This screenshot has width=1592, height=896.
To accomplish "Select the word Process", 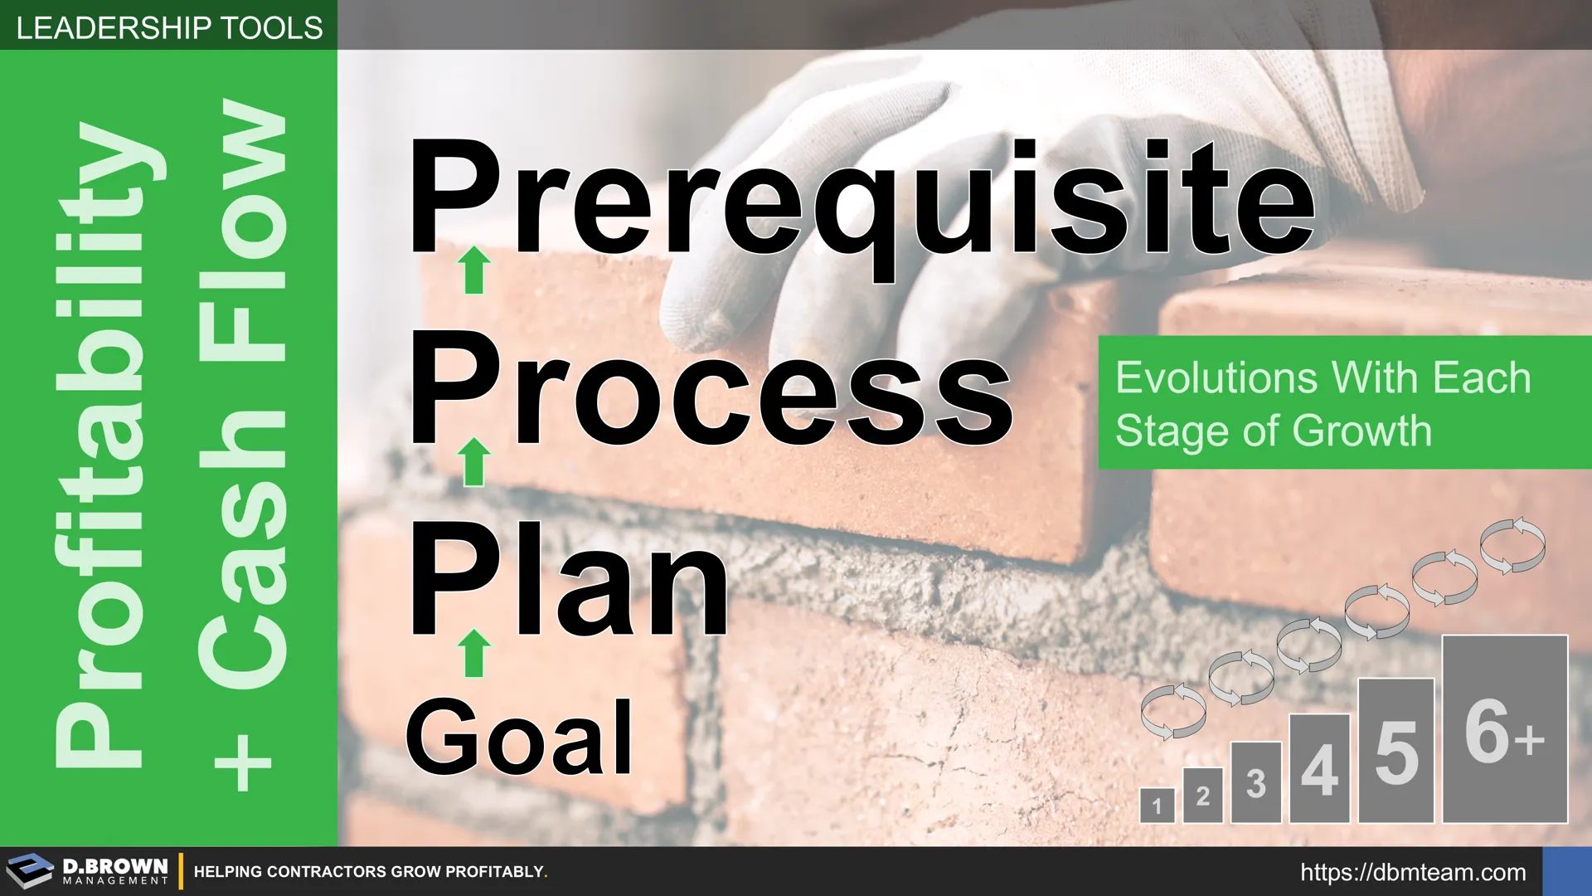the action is [x=711, y=388].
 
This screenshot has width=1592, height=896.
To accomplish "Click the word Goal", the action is [x=520, y=737].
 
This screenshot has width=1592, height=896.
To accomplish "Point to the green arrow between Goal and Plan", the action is [x=474, y=653].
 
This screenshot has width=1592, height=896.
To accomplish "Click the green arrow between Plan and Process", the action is [x=474, y=462].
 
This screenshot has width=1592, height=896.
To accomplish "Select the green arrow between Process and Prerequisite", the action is [x=474, y=270].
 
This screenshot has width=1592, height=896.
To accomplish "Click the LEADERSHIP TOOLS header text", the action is [x=169, y=28].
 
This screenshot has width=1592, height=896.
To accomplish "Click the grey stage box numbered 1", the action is [x=1157, y=805].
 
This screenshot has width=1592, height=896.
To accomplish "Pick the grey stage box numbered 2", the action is [x=1203, y=795].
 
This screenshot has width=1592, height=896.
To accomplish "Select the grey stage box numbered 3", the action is [x=1256, y=782].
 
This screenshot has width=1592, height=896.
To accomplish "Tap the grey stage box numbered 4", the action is [x=1320, y=768].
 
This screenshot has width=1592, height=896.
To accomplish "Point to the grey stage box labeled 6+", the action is [x=1505, y=729].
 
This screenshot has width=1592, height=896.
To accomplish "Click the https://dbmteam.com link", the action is [x=1413, y=873].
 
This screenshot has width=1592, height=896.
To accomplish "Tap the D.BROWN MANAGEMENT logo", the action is [x=87, y=871].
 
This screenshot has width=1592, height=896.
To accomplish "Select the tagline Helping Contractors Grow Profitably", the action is [x=371, y=872].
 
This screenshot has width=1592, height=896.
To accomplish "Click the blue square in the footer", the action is [x=1567, y=871].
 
